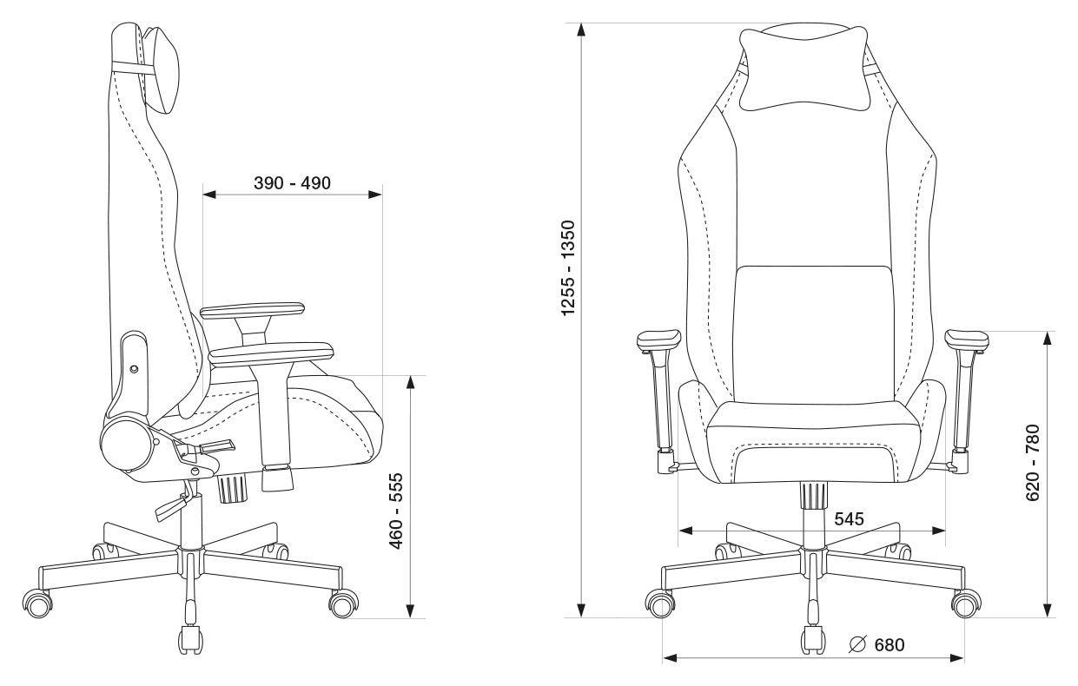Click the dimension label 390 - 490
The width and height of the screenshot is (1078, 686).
tap(292, 183)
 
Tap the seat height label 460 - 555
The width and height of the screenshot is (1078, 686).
tap(396, 511)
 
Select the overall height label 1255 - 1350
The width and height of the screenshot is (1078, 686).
tap(568, 268)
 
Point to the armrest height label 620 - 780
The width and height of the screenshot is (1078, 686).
tap(1033, 462)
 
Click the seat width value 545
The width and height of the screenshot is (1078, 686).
tap(849, 518)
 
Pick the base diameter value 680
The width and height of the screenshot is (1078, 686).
tap(890, 644)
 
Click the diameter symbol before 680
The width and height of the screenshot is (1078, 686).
tap(857, 644)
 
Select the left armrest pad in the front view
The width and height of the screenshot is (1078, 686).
tap(658, 340)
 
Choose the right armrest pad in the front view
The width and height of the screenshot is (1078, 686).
tap(967, 340)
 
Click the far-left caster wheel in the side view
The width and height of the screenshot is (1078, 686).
tap(37, 604)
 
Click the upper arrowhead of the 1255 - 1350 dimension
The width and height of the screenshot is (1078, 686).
tap(581, 29)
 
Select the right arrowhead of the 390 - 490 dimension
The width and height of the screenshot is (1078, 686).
tap(375, 195)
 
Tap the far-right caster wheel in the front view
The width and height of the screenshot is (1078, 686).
tap(966, 604)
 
